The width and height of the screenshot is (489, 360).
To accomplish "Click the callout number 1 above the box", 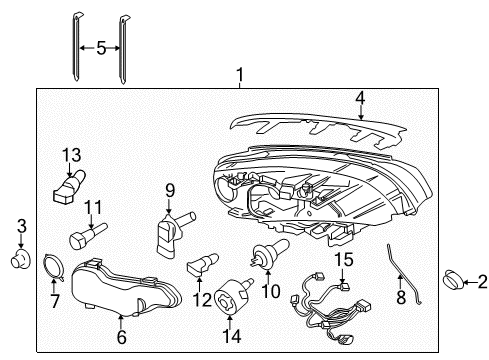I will (239, 75).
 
